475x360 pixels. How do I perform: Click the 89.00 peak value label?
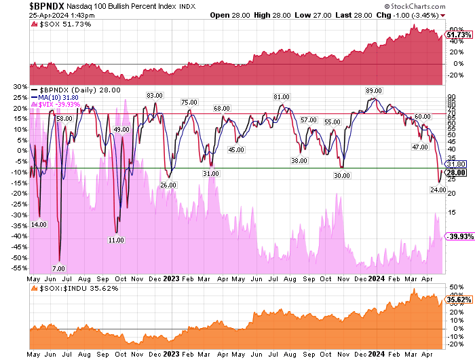click(x=373, y=91)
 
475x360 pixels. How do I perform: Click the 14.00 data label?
click(x=39, y=224)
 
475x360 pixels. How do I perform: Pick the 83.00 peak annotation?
click(x=155, y=95)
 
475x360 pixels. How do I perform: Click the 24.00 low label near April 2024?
click(x=438, y=190)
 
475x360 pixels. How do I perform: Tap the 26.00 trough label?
click(x=168, y=185)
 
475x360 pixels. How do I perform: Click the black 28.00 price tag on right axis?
click(x=457, y=173)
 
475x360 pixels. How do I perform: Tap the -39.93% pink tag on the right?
click(x=457, y=236)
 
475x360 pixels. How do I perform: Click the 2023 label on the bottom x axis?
click(x=172, y=354)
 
